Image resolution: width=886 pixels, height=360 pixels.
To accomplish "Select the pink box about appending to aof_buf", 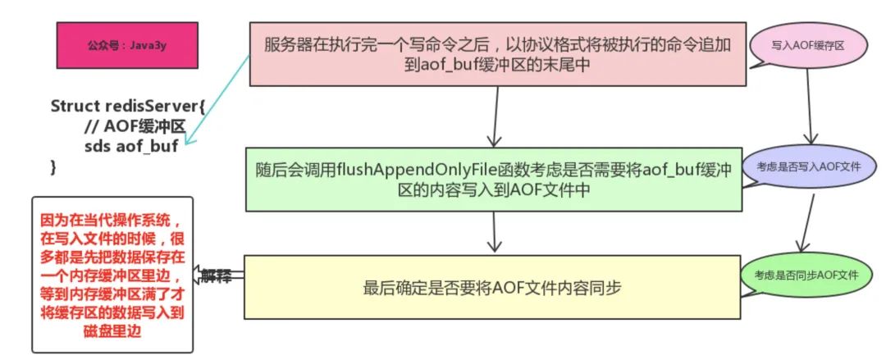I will pos(496,53).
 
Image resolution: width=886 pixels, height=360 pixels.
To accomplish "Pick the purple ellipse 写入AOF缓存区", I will pos(808,47).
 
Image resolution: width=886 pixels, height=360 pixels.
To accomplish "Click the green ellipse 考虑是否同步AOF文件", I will pos(812,274).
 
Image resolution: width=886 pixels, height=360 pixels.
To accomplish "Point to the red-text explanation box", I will pos(112,276).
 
